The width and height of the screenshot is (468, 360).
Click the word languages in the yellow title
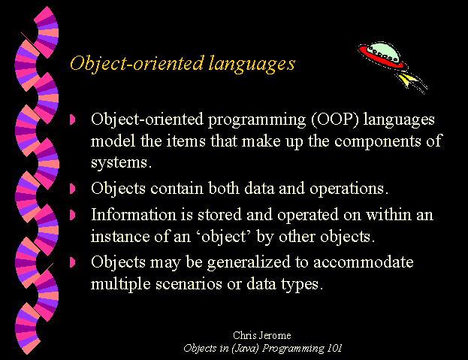coord(252,64)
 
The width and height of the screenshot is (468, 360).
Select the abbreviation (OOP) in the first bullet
coord(334,119)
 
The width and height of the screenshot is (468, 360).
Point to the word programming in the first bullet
coord(257,120)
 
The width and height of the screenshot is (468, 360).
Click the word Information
coord(134,215)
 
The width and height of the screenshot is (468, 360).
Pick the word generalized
coord(249,263)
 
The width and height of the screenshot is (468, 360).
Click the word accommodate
coord(364,262)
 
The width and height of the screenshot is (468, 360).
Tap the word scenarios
coord(189,284)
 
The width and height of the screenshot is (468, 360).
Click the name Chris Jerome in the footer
coord(261,335)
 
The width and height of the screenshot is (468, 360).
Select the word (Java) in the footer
coord(245,349)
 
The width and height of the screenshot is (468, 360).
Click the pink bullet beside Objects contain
coord(72,189)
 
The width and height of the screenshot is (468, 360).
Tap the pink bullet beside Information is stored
coord(72,215)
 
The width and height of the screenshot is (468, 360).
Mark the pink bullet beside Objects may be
coord(72,262)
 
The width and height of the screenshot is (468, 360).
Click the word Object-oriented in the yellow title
coord(137,63)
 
